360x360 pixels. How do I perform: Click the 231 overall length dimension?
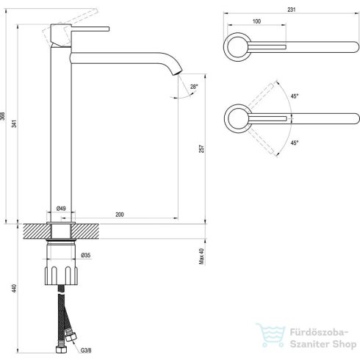pos(291,10)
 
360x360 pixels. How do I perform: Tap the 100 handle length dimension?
pos(256,21)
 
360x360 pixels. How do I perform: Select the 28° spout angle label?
pos(194,87)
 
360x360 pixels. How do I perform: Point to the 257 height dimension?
pos(201,148)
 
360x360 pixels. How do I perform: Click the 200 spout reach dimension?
pos(120,215)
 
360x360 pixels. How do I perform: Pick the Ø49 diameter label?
pos(61,209)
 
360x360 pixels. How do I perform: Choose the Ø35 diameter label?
pos(86,255)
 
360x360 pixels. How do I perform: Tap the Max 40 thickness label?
pos(201,256)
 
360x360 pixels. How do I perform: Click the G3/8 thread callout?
pos(86,350)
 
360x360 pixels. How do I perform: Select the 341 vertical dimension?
pos(15,123)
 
